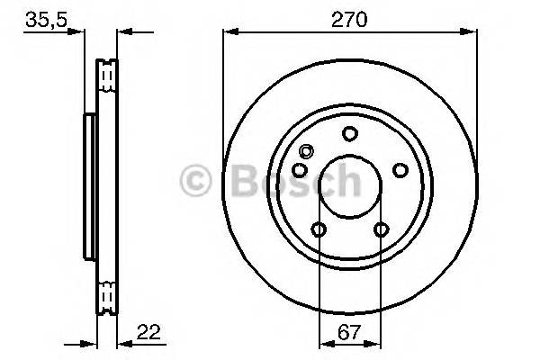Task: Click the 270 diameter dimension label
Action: pyautogui.click(x=349, y=20)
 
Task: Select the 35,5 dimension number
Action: pyautogui.click(x=46, y=20)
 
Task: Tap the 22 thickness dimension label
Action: pyautogui.click(x=148, y=332)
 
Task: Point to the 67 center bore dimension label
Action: pyautogui.click(x=349, y=332)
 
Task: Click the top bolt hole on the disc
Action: pyautogui.click(x=349, y=134)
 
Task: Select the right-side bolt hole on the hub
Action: pyautogui.click(x=400, y=170)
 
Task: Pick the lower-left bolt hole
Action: pyautogui.click(x=319, y=229)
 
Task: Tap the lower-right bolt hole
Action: pyautogui.click(x=382, y=229)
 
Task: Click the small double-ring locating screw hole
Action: pyautogui.click(x=306, y=151)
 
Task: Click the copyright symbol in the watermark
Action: pyautogui.click(x=195, y=181)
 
